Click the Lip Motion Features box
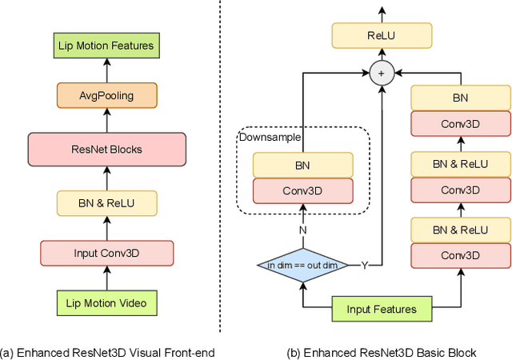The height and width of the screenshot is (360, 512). coord(106,46)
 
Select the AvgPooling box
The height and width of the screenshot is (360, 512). coord(106,97)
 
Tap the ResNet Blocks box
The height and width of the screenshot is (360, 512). coord(106,150)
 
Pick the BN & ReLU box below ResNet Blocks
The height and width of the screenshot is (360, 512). coord(106,204)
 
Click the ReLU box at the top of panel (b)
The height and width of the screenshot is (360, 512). coord(382,35)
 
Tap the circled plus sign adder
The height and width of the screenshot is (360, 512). coord(382,74)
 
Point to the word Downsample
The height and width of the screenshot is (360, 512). coord(270,137)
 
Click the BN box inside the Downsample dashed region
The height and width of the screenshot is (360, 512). coord(302,166)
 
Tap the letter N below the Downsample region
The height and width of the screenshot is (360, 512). coord(302,230)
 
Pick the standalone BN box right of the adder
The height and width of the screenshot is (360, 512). coord(460,98)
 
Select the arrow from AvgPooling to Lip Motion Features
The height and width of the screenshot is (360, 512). coord(106,70)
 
